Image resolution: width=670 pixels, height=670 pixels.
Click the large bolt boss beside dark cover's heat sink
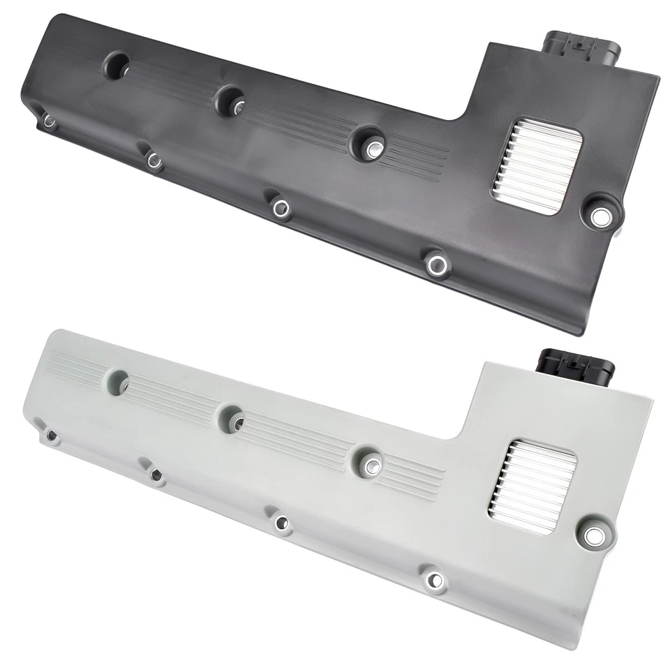[599, 216]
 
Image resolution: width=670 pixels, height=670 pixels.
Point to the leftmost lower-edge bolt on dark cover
[50, 121]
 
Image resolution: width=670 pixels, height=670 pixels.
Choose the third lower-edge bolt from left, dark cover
[281, 207]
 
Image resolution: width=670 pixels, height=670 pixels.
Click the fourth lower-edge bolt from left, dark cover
[437, 264]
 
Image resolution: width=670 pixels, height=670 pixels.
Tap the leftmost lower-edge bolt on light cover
[51, 435]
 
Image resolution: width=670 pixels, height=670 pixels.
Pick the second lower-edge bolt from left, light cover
[155, 476]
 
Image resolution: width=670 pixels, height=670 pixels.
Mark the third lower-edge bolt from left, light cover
[281, 522]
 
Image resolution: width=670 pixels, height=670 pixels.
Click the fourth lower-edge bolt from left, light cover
[435, 579]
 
